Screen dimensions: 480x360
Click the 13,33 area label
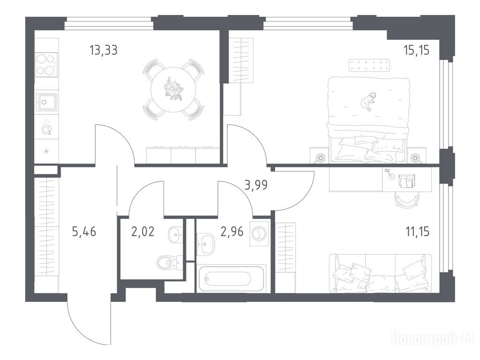(104, 50)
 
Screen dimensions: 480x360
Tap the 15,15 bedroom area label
(416, 50)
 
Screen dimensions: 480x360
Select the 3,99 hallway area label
(256, 185)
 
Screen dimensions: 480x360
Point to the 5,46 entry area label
(84, 232)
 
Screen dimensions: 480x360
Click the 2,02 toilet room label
(142, 232)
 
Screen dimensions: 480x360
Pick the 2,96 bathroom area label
(232, 232)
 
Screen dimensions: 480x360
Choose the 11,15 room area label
(417, 232)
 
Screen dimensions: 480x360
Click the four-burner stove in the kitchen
(46, 65)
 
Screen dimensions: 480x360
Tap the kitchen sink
(46, 102)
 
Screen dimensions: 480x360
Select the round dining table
(173, 90)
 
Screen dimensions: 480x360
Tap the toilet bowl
(167, 262)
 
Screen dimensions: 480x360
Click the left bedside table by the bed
(320, 156)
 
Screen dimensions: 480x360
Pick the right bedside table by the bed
(417, 156)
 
